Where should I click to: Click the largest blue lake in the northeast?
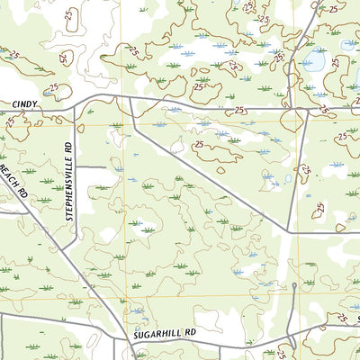(315, 60)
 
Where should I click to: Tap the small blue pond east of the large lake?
(347, 44)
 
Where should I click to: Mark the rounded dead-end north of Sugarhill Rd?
(294, 286)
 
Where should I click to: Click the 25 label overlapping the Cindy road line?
(239, 110)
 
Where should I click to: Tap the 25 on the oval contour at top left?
(14, 55)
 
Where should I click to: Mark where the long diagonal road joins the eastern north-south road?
(288, 232)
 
